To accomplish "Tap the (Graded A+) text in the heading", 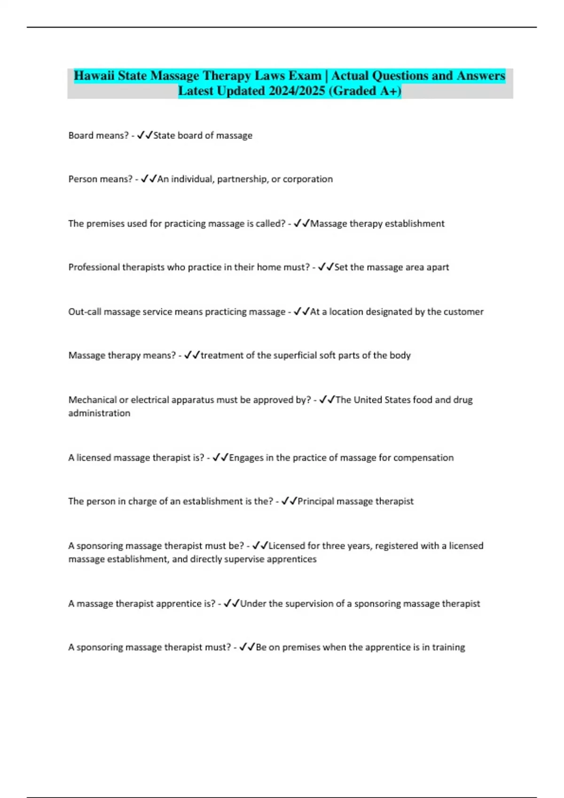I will click(365, 91).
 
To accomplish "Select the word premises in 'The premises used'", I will click(105, 224).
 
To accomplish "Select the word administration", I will click(99, 414).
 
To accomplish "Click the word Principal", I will click(315, 501).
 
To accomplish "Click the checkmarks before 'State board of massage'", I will click(145, 136).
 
